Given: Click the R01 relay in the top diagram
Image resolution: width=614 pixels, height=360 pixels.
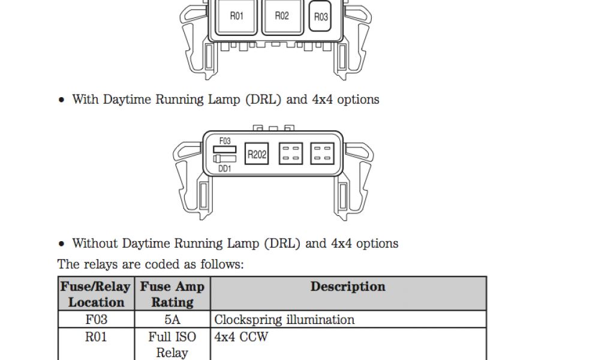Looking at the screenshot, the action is point(237,17).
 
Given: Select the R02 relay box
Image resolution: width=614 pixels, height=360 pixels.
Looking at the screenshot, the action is point(281,17).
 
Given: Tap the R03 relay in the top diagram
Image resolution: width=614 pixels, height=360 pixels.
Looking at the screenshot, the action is point(321,17).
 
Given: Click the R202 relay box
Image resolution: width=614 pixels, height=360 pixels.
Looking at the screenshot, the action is point(257,154).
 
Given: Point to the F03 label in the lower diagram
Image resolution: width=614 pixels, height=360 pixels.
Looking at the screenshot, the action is point(225,141).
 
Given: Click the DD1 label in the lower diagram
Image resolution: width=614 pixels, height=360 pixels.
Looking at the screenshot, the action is point(225,169).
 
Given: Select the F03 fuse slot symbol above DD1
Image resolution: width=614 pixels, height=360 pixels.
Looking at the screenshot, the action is point(225,149).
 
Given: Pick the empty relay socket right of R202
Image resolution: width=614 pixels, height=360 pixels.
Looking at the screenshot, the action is point(291,154).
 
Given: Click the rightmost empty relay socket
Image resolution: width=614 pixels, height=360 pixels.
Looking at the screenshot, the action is point(322,154).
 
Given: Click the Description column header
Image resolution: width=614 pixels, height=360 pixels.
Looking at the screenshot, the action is point(348,287).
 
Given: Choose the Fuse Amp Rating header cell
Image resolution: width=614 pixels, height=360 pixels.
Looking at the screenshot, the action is point(172,294).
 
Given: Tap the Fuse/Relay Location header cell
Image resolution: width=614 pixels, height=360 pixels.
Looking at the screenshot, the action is point(96,294).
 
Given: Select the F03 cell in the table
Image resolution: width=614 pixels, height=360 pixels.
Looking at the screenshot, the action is point(96,320).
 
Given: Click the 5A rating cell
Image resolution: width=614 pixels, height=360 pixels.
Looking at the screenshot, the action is point(172,320).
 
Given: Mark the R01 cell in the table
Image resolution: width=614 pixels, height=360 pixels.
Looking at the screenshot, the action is point(96,337).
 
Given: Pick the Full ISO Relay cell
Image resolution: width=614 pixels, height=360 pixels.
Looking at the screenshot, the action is point(172,345).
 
